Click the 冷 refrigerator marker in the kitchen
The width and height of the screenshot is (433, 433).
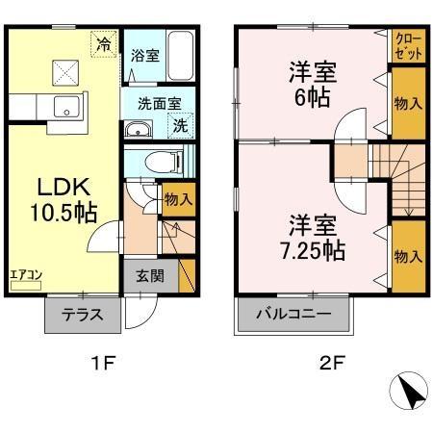103,42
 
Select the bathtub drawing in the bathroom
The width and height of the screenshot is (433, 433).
181,56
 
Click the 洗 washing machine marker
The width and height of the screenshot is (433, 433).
181,123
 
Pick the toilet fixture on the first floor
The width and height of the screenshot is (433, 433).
160,161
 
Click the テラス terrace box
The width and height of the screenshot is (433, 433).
83,315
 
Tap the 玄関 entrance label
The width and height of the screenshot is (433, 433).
149,276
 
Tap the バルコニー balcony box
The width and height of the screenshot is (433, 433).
294,314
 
